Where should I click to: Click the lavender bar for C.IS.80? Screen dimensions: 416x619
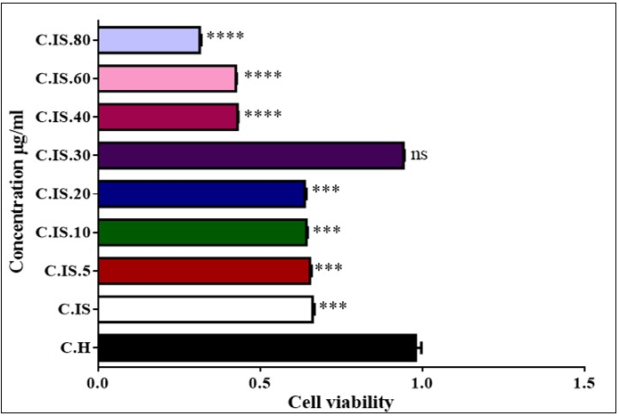tap(149, 40)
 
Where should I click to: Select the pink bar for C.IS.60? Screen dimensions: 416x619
tap(167, 78)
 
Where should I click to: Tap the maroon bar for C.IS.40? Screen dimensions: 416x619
tap(168, 117)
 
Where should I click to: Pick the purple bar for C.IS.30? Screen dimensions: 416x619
tap(250, 155)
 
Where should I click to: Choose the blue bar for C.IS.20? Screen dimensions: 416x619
tap(201, 193)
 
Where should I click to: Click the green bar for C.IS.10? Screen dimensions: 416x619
tap(202, 232)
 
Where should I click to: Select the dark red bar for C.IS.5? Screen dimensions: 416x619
tap(204, 270)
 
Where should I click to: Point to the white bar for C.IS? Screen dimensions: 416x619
tap(206, 308)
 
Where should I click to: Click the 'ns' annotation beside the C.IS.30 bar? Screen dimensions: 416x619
tap(419, 154)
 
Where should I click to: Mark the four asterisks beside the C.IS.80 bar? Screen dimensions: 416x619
tap(224, 37)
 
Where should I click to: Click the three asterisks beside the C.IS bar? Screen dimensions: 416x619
tap(332, 307)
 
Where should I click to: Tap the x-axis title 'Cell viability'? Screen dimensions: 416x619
tap(340, 403)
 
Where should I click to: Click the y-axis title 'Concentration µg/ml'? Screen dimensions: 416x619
tap(17, 191)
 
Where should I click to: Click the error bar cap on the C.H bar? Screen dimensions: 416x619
tap(421, 347)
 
